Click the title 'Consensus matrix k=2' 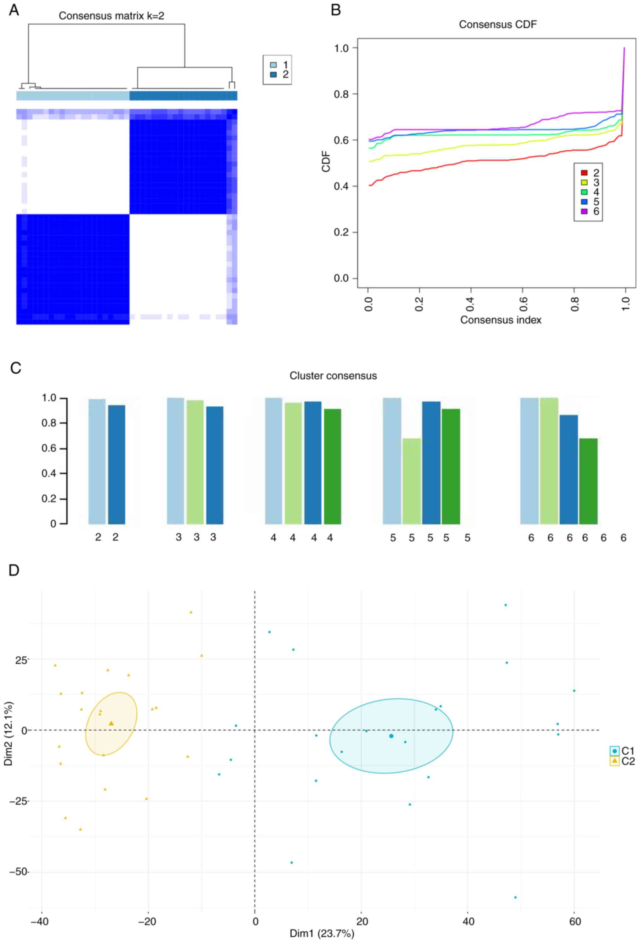tap(111, 16)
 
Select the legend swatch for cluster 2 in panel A tap(273, 75)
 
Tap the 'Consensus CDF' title tap(498, 25)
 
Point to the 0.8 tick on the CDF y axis tap(342, 94)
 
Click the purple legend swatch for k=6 tap(584, 211)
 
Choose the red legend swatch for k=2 tap(584, 173)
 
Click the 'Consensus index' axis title tap(500, 320)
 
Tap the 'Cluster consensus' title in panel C tap(333, 376)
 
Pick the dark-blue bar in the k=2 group tap(117, 465)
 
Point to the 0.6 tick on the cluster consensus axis tap(49, 449)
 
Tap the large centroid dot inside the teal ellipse tap(391, 736)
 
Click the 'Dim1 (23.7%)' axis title tap(322, 934)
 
